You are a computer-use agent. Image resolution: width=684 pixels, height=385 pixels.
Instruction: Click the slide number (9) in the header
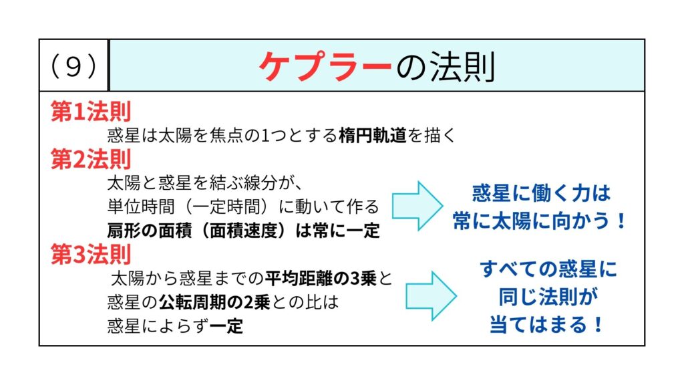coord(73,67)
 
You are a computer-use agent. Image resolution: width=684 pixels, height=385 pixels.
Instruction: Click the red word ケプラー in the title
coord(325,66)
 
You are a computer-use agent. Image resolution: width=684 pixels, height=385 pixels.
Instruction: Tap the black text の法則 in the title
coord(446,66)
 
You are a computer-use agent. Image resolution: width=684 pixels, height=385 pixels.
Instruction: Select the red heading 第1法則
coord(91,112)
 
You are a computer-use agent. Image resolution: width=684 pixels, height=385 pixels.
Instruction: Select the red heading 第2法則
coord(91,159)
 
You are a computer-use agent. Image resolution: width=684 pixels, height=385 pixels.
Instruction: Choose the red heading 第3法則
coord(91,254)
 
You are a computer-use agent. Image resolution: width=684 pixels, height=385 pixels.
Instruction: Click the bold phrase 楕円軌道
coord(373,135)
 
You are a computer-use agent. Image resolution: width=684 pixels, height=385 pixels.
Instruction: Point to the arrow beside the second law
coord(417,206)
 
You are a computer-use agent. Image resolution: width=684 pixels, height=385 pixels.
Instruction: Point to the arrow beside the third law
coord(431,296)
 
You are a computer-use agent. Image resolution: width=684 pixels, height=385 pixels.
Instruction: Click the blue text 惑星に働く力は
coord(541,193)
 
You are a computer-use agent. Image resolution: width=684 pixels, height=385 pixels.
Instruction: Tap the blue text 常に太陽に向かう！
coord(540,221)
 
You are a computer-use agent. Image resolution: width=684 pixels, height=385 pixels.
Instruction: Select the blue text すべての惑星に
coord(548,269)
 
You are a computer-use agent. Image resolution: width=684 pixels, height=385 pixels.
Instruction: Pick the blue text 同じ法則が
coord(548,297)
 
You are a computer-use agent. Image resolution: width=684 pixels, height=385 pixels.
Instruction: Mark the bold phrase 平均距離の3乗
coord(321,278)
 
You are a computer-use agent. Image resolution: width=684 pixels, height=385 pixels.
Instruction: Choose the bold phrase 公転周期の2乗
coord(214,302)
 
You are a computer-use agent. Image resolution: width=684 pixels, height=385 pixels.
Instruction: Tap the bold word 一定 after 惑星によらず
coord(226,326)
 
